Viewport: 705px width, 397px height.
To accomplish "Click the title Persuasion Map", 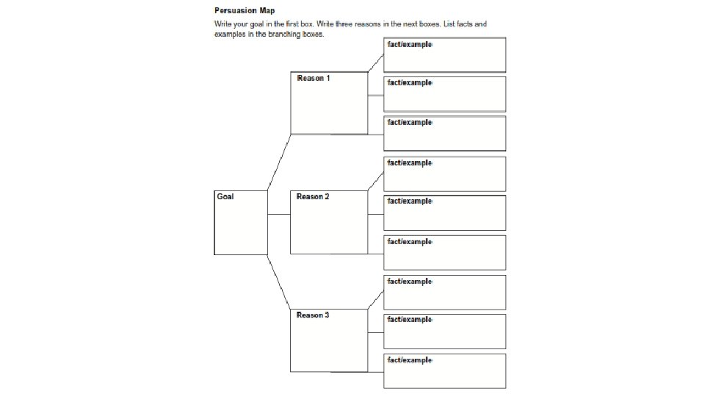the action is pyautogui.click(x=245, y=11).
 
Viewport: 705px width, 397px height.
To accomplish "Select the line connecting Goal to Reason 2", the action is pyautogui.click(x=279, y=214).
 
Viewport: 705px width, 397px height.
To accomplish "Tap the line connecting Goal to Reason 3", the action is pyautogui.click(x=279, y=282).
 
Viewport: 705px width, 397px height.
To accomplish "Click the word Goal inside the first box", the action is pyautogui.click(x=225, y=196).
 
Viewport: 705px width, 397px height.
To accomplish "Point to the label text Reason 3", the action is pyautogui.click(x=313, y=315).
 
